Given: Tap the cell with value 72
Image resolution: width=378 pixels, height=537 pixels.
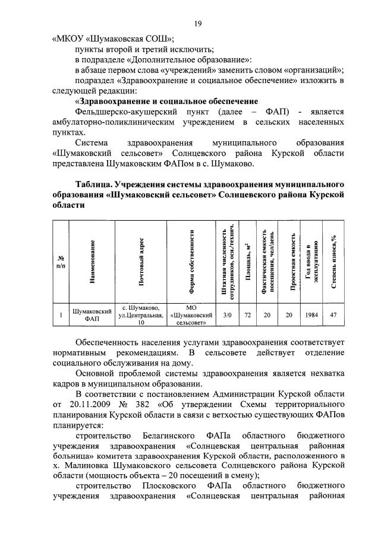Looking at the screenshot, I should coord(247,315).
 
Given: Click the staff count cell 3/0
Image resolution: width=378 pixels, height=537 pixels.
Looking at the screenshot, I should coord(226,315).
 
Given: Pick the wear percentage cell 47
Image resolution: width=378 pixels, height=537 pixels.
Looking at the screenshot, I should coord(333,315).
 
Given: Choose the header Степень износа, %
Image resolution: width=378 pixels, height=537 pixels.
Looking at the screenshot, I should coord(333,261).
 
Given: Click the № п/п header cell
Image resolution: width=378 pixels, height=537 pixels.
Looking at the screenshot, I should coord(61,262).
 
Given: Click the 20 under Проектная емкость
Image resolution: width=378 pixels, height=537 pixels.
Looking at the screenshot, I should coord(289,315).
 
